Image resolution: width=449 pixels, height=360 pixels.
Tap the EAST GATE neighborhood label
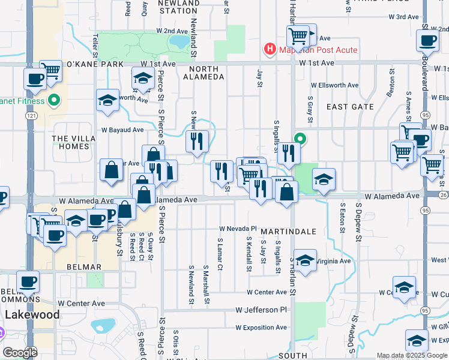click(350, 107)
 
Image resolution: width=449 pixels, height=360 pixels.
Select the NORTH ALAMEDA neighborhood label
click(203, 72)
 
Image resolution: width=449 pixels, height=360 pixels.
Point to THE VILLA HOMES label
click(74, 142)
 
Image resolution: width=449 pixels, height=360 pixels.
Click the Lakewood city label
click(32, 314)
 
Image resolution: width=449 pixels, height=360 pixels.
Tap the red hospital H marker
click(270, 50)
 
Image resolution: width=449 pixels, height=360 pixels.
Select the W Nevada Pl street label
click(238, 229)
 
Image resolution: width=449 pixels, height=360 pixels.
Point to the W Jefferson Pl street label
click(262, 310)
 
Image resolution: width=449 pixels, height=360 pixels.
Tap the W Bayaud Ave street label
click(122, 130)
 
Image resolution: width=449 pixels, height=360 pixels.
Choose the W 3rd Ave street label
click(406, 17)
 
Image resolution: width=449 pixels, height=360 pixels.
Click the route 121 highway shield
click(28, 115)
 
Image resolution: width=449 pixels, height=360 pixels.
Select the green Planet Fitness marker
click(55, 100)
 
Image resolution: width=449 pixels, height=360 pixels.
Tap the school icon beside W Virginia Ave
click(305, 260)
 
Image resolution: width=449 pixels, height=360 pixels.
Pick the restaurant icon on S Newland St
click(197, 142)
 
